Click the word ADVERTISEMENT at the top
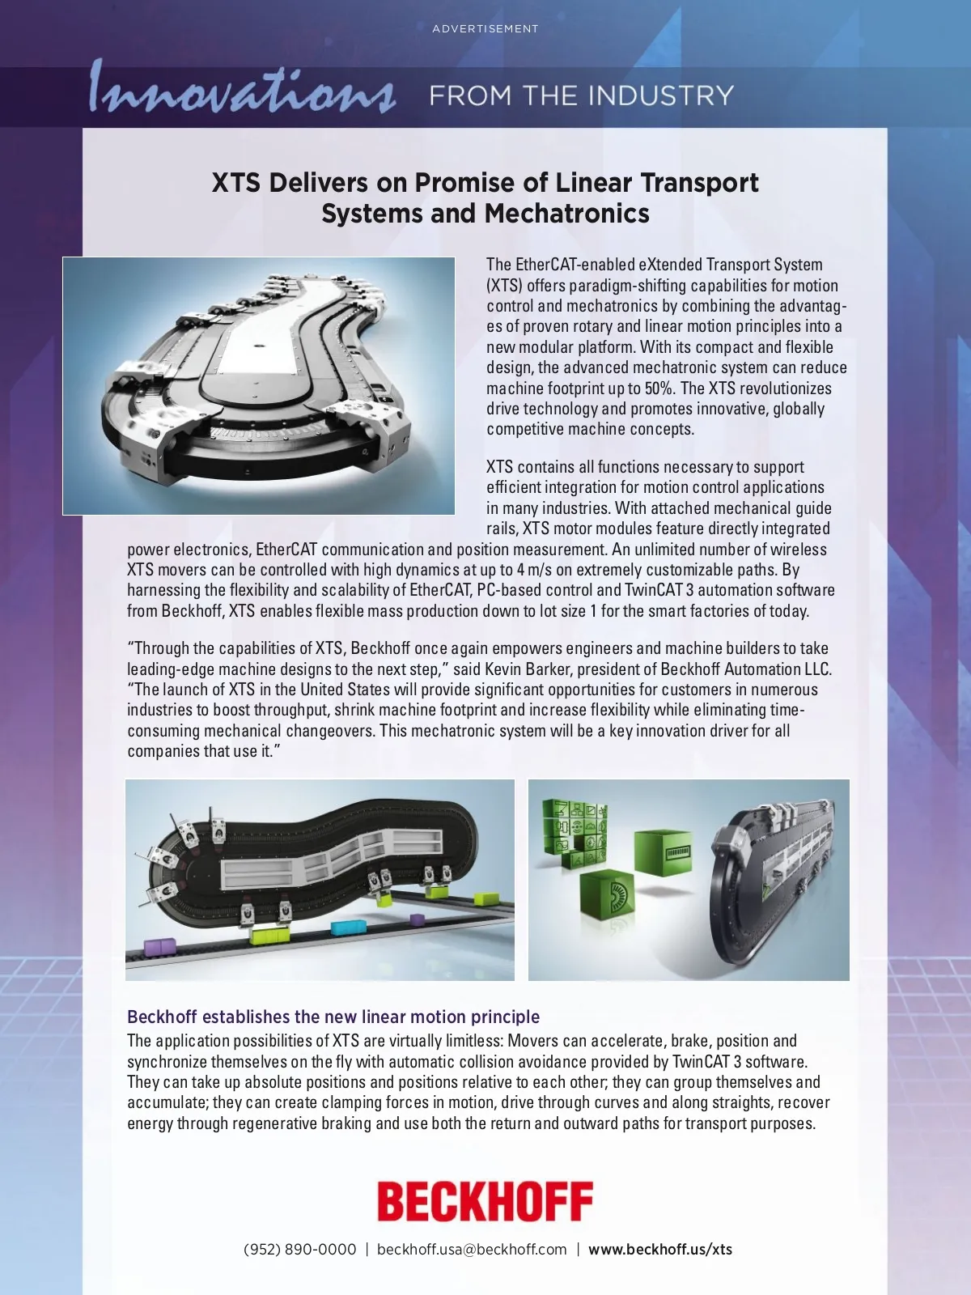coord(485,29)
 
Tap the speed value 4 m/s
coord(534,570)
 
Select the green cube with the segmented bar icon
coord(664,853)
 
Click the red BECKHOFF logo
coord(485,1201)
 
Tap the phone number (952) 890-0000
coord(300,1250)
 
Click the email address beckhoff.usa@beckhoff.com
coord(472,1250)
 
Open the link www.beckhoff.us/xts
coord(660,1250)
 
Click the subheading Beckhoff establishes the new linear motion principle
coord(333,1017)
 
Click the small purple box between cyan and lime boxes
coord(418,919)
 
